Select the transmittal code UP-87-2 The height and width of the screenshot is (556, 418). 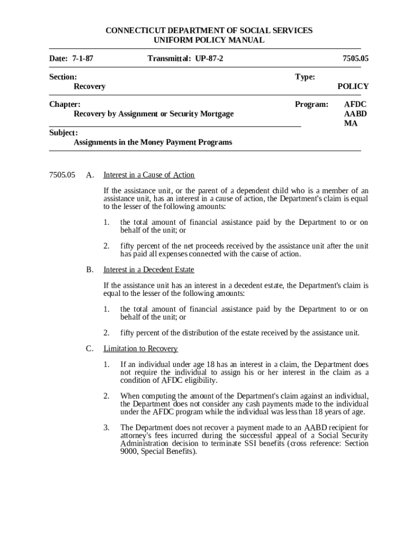tap(208, 58)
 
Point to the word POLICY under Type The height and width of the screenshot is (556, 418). tap(353, 86)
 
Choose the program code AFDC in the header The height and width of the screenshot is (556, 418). tap(356, 104)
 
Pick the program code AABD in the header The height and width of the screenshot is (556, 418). tap(356, 114)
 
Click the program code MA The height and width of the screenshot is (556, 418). tap(351, 123)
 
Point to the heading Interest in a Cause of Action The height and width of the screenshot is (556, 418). tap(149, 175)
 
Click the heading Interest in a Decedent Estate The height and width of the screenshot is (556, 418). tap(149, 270)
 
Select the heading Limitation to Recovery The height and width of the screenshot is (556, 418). tap(141, 349)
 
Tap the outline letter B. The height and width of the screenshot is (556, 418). tap(90, 270)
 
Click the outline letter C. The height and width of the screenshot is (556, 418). tap(90, 349)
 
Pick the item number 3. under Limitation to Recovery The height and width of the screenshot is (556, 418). tap(106, 427)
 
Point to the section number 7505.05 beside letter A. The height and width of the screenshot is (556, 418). tap(62, 175)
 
